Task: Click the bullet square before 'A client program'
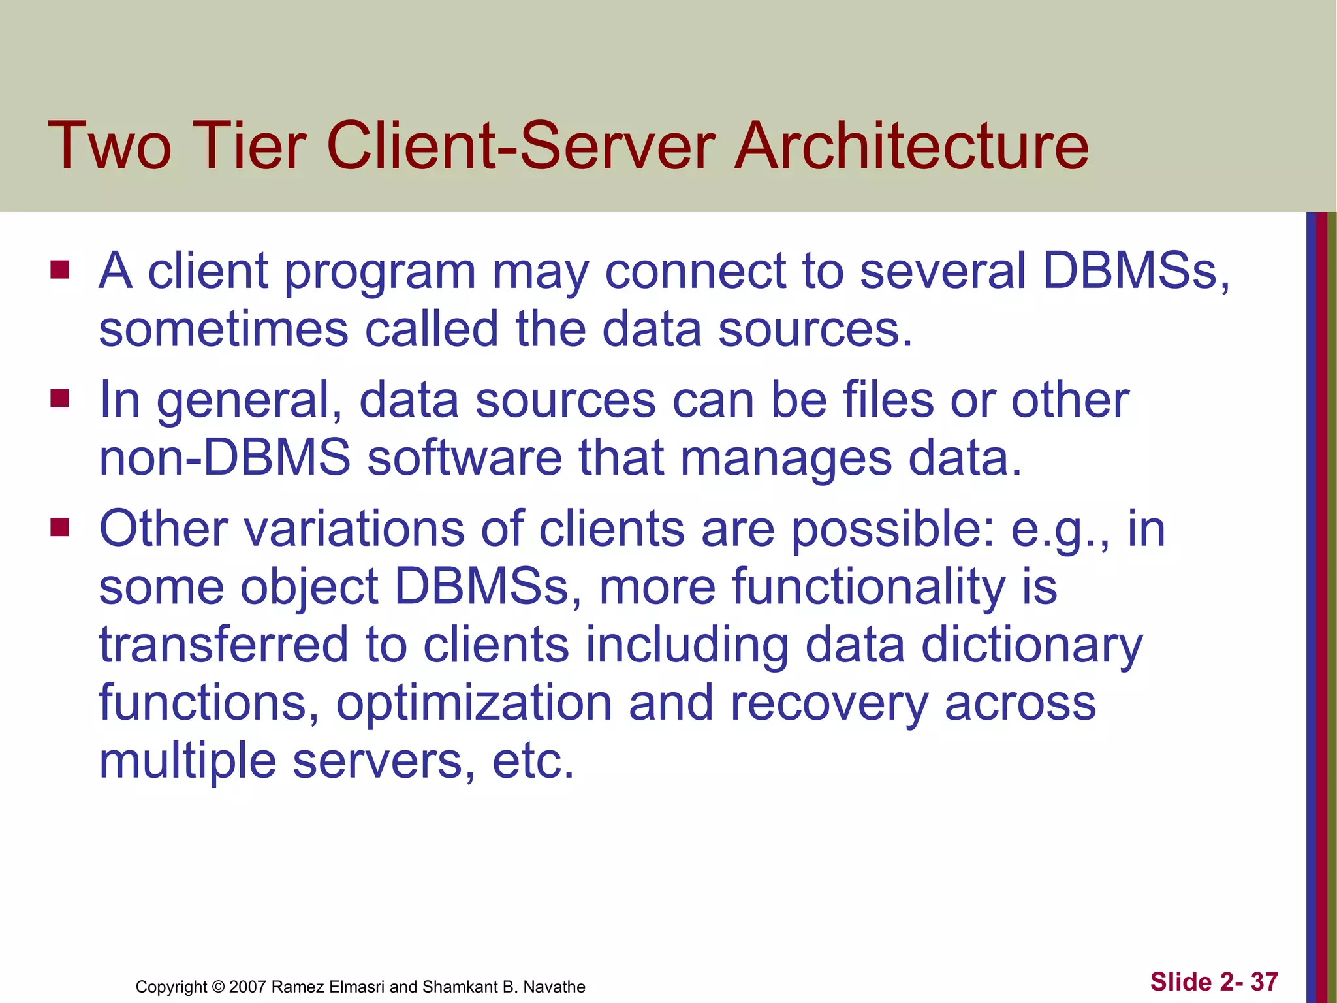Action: click(x=59, y=270)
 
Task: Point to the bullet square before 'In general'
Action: click(x=59, y=398)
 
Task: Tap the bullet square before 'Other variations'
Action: click(x=59, y=527)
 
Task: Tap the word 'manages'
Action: click(x=786, y=459)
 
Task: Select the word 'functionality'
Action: click(x=868, y=587)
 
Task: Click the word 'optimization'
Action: click(x=474, y=704)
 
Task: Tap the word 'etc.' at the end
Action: click(x=533, y=761)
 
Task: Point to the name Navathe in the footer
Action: click(x=554, y=987)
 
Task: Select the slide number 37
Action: click(x=1264, y=982)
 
